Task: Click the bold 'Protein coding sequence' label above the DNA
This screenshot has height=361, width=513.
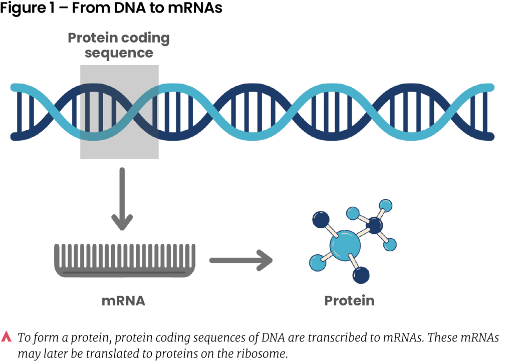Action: [x=119, y=45]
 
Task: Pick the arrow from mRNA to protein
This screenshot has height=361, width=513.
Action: [x=240, y=260]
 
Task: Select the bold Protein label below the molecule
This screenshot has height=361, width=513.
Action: [x=349, y=301]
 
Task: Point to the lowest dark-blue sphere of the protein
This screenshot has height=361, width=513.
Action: [x=361, y=275]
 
